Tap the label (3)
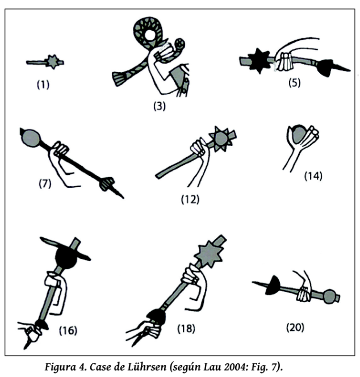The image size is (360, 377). [x=159, y=106]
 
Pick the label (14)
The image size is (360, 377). [x=312, y=175]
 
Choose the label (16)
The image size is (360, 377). [x=67, y=330]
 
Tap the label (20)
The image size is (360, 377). [x=295, y=326]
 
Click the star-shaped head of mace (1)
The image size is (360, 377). [x=53, y=62]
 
